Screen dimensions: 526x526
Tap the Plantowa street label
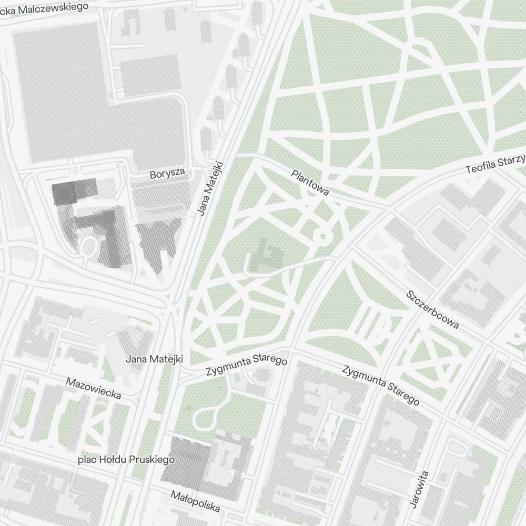(310, 183)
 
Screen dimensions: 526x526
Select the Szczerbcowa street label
(433, 309)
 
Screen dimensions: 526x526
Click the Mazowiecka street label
(94, 388)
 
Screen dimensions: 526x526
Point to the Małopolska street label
(196, 501)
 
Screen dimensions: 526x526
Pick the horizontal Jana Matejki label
(154, 359)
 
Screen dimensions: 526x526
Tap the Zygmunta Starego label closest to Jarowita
(381, 386)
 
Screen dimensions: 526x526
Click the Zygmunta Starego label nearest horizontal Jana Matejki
(247, 367)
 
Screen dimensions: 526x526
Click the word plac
(87, 460)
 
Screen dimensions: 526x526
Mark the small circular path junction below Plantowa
(322, 236)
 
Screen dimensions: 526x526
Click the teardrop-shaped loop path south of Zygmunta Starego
(204, 418)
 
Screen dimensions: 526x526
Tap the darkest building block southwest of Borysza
(74, 191)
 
